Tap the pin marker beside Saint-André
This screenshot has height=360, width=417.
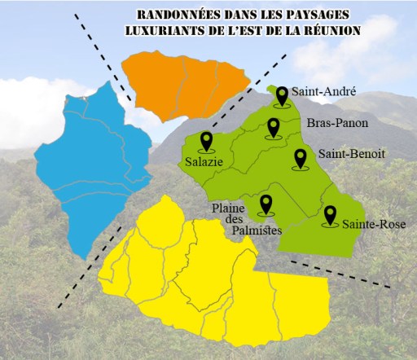click(282, 96)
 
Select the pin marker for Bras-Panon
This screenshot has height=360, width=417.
click(273, 128)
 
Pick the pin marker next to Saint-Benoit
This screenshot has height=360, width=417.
click(301, 158)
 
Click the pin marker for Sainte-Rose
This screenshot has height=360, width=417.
click(330, 215)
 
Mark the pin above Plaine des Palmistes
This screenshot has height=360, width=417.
click(265, 204)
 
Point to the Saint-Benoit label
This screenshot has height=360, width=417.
click(352, 153)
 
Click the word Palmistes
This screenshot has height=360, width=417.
click(257, 231)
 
